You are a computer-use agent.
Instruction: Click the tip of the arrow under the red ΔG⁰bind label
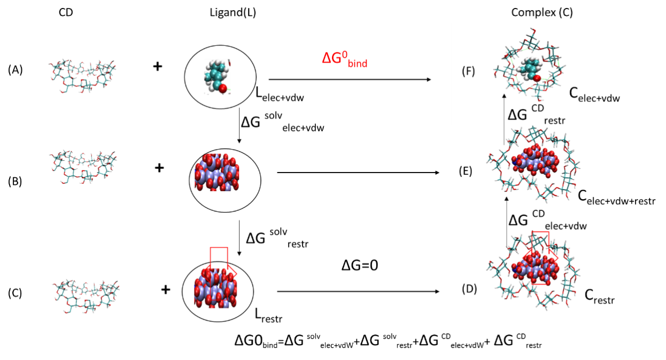(431, 79)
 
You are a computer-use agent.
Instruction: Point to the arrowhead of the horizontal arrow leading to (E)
(439, 173)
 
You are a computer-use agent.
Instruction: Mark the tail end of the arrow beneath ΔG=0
(277, 292)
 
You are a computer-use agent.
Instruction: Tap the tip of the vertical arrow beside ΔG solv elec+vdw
(239, 143)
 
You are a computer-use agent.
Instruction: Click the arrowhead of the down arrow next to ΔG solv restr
(239, 256)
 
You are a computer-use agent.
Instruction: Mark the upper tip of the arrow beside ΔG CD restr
(504, 95)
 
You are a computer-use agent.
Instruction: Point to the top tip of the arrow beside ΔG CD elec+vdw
(507, 197)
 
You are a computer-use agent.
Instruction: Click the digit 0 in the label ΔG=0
(374, 265)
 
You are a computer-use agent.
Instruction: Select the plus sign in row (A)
(158, 67)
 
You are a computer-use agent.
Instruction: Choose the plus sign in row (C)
(166, 289)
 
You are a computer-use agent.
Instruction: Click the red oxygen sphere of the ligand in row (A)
(223, 89)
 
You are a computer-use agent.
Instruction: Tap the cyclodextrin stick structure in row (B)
(83, 168)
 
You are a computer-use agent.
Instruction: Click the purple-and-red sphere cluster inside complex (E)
(535, 161)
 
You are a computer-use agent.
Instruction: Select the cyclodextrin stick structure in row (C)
(87, 296)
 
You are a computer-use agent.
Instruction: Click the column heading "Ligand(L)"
(233, 12)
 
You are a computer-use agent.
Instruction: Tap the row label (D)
(469, 289)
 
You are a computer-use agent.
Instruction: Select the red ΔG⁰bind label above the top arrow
(345, 59)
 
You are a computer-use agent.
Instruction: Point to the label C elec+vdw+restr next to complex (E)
(617, 198)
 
